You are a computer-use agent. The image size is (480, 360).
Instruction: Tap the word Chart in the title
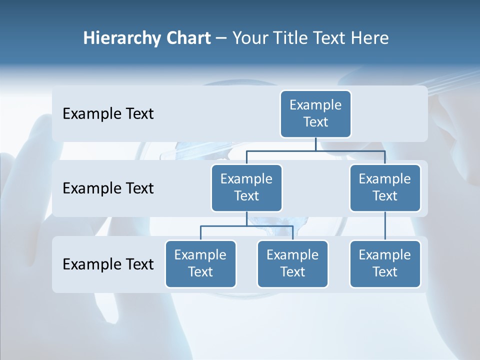(187, 38)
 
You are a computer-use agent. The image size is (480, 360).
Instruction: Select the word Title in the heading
(291, 38)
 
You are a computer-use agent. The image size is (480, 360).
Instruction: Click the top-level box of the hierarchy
(315, 114)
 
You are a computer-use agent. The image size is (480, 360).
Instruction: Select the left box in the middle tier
(246, 188)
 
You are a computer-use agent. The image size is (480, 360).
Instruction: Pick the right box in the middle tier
(385, 188)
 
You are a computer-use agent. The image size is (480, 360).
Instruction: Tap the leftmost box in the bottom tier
(200, 264)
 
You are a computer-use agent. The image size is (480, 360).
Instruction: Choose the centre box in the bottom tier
(292, 264)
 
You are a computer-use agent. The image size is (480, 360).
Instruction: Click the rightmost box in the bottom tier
(385, 264)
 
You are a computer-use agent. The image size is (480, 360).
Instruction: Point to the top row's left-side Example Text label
(108, 114)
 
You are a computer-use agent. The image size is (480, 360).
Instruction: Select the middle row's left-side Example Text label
(108, 188)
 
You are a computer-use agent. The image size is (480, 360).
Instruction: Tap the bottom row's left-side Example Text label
(108, 264)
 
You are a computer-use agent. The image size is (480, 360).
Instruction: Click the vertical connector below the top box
(315, 144)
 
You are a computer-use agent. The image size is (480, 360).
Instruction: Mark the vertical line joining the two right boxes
(385, 226)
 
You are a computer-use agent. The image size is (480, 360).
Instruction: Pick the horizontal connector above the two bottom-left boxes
(246, 226)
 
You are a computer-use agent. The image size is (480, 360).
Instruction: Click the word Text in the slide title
(329, 38)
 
